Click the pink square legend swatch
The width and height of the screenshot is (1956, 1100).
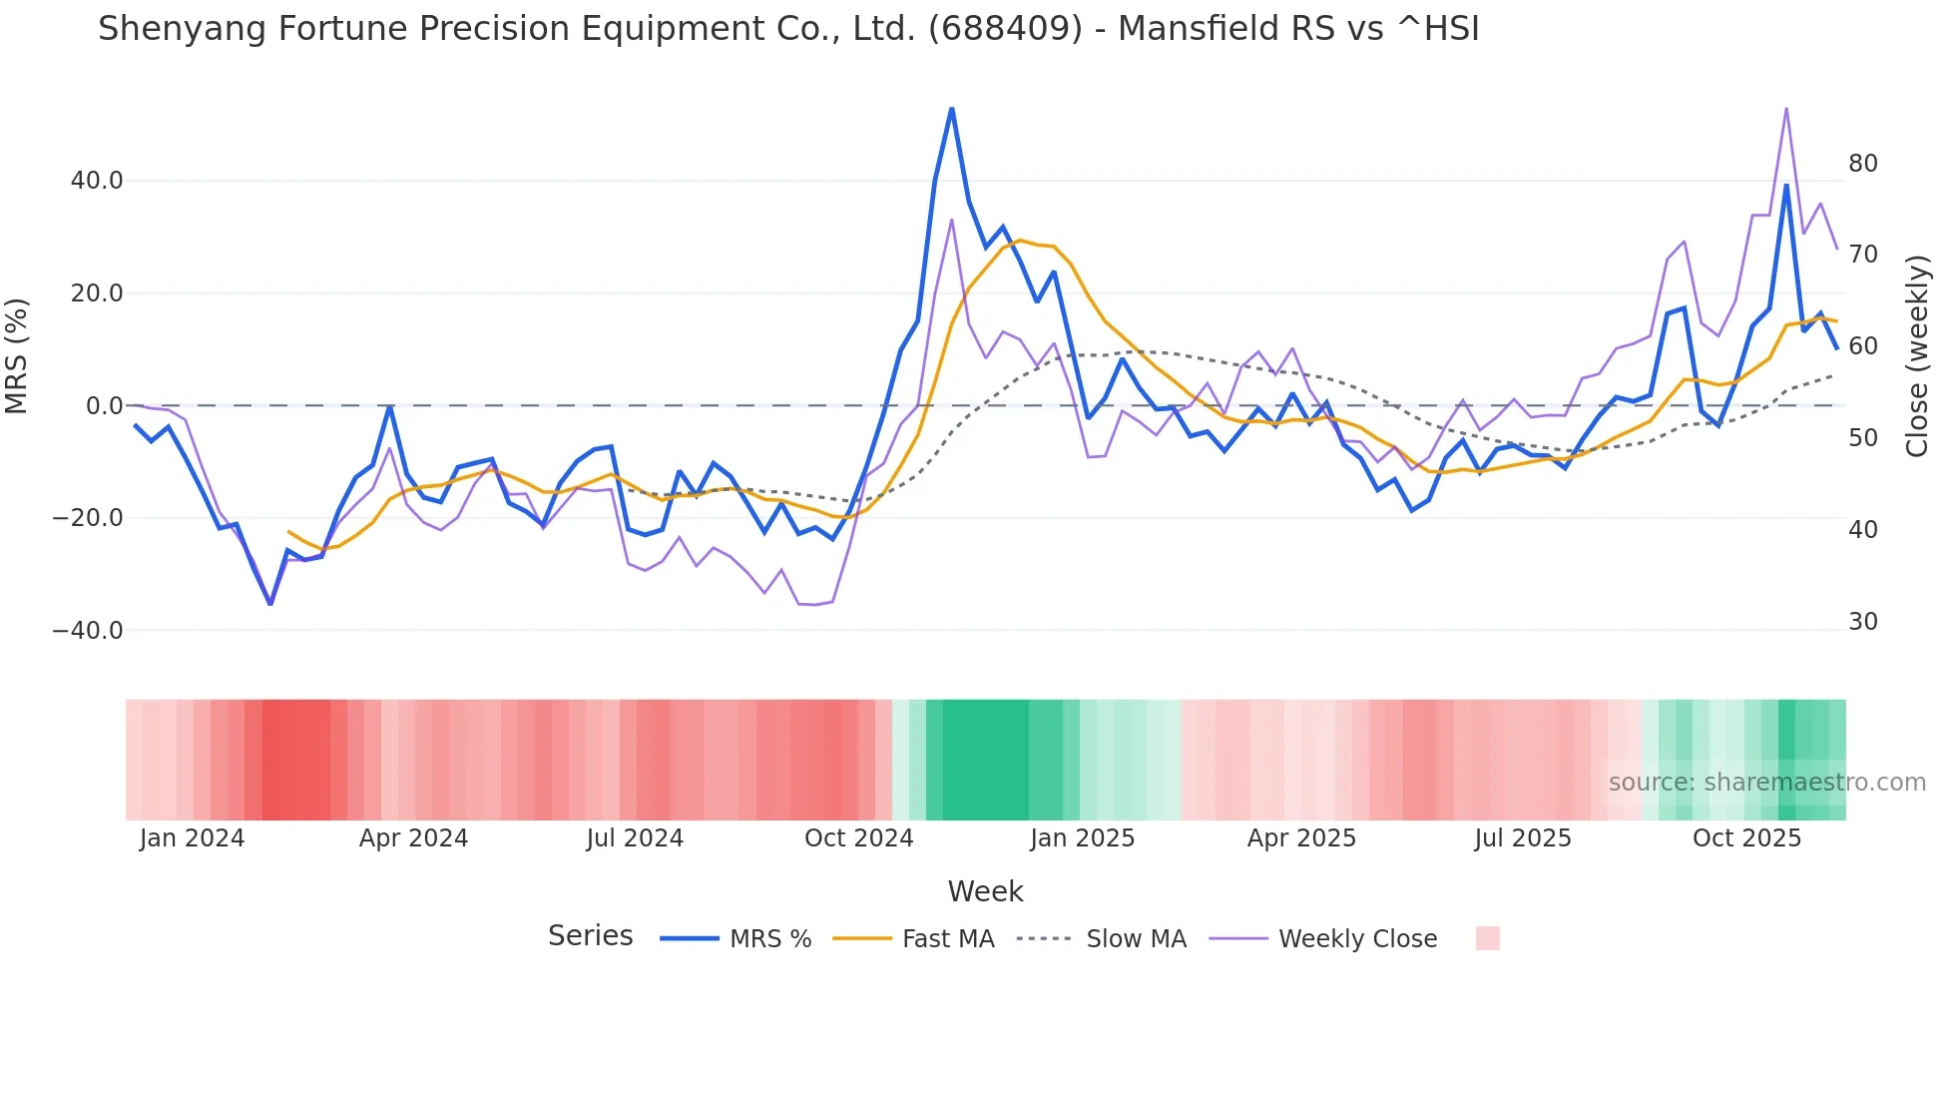[1487, 938]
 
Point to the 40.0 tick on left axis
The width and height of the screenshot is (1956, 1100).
[97, 181]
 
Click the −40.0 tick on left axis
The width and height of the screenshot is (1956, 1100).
[88, 631]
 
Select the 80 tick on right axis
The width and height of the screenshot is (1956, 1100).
[1862, 164]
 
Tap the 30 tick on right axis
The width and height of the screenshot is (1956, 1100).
[1862, 622]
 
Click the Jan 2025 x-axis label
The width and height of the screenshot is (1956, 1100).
[1082, 838]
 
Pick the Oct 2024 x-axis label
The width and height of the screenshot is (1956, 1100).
[858, 838]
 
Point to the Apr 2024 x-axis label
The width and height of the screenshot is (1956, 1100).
[413, 838]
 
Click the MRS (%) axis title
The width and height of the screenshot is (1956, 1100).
[17, 355]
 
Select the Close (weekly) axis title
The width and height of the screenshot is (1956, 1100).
[1916, 355]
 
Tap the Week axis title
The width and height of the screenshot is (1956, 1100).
[985, 891]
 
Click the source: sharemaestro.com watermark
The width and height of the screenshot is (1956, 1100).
[1766, 783]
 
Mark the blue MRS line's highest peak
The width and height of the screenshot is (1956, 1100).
[951, 109]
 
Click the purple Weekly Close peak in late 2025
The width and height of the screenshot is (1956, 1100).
[1785, 109]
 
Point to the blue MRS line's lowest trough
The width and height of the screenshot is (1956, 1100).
[270, 603]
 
